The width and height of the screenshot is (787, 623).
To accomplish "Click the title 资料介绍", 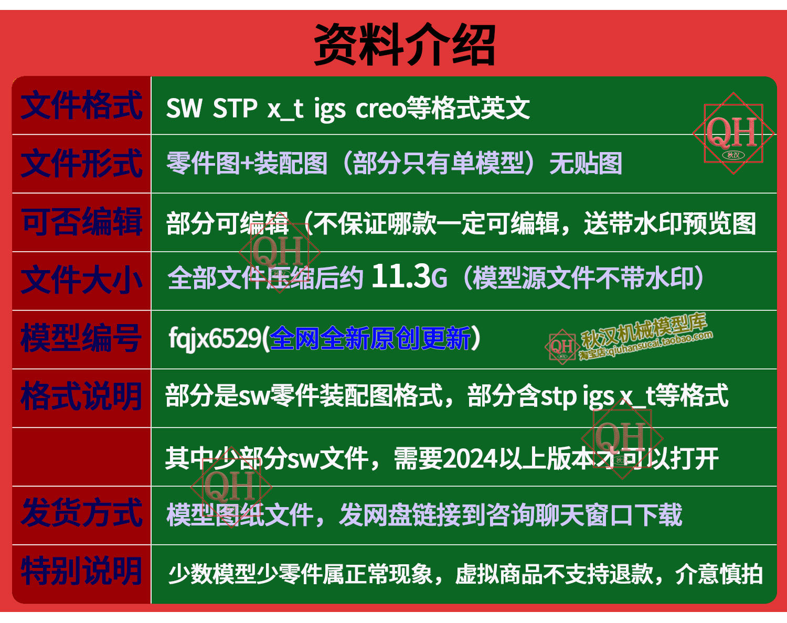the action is tap(405, 44).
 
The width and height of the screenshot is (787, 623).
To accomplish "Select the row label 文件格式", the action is tap(81, 105).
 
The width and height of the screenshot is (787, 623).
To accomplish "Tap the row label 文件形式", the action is tap(81, 164).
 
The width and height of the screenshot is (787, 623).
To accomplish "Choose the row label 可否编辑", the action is tap(81, 221).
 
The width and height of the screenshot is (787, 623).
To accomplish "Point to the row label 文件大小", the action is tap(81, 280).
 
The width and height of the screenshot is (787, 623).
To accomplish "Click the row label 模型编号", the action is tap(81, 338).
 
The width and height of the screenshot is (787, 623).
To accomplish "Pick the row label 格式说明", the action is tap(81, 396).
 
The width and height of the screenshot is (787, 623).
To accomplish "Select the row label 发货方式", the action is tap(81, 513).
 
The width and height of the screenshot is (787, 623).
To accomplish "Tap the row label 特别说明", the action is tap(81, 571).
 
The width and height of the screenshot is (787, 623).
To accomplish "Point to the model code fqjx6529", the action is tap(215, 339).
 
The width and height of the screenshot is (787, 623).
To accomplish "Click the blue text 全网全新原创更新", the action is tap(370, 338).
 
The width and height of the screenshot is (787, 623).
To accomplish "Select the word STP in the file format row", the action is tap(235, 108).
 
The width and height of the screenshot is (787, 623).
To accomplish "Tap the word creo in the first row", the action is tap(381, 109).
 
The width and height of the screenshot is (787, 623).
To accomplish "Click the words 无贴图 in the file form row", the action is tap(586, 164).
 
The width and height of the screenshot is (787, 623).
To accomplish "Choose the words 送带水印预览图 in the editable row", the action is tap(670, 223).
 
